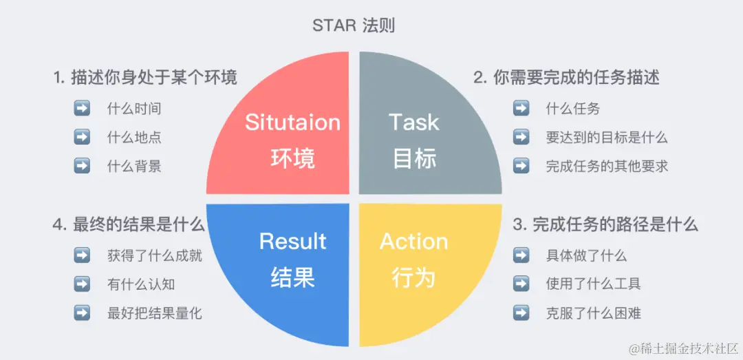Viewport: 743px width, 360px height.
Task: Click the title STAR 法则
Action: coord(354,26)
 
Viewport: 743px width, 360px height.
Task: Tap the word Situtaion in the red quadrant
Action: coord(292,123)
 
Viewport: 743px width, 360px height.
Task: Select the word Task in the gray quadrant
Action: coord(413,123)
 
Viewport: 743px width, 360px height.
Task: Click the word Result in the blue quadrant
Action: coord(292,242)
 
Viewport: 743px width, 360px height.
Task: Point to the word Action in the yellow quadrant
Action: coord(413,242)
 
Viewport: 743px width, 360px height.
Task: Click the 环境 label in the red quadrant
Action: coord(292,159)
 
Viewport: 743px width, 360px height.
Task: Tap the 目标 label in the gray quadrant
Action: coord(414,159)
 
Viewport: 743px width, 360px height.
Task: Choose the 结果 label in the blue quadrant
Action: coord(292,277)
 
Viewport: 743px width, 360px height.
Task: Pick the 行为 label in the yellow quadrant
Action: coord(413,277)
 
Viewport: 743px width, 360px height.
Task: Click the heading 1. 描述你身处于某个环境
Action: coord(145,78)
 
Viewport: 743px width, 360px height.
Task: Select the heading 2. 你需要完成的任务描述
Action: coord(566,78)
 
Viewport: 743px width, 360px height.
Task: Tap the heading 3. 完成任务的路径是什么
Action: coord(606,224)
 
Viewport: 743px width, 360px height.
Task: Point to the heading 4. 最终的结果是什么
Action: coord(129,224)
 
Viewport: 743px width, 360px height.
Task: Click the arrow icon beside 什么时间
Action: coord(82,109)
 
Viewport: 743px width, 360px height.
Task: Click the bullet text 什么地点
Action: coord(134,137)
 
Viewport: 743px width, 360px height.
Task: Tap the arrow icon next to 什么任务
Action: coord(521,109)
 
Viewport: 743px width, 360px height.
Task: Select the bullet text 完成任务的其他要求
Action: coord(607,166)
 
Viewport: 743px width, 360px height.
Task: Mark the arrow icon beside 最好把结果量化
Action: coord(82,313)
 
